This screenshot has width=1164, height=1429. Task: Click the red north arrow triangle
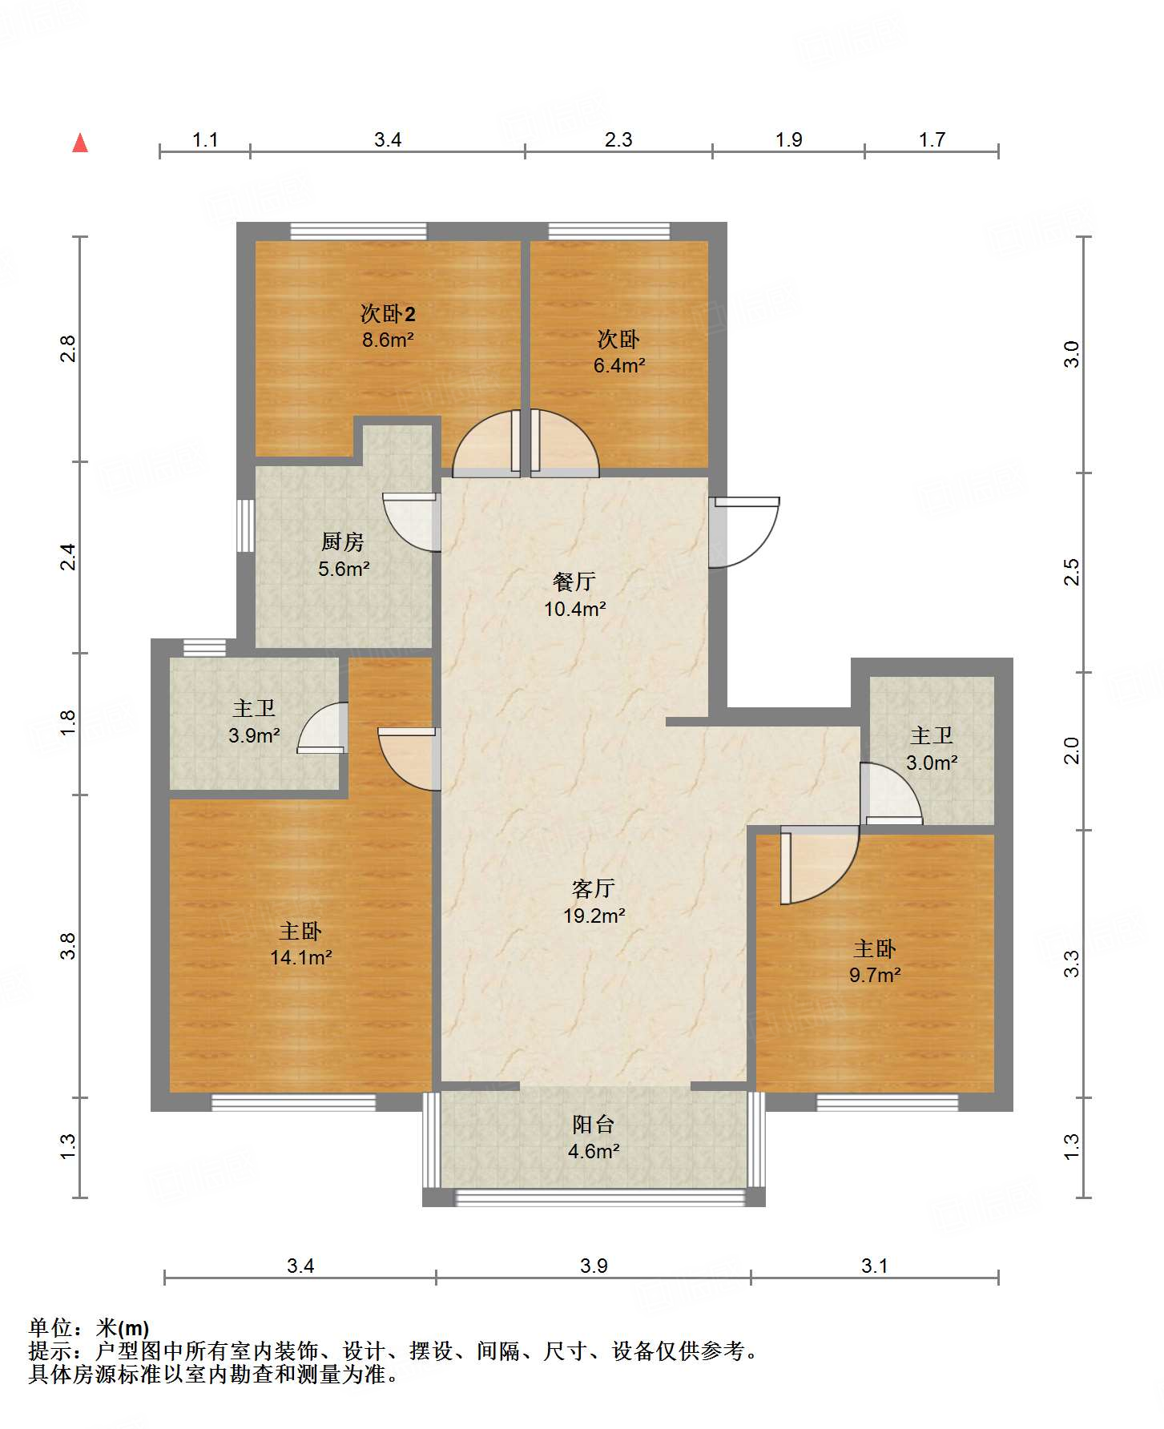80,143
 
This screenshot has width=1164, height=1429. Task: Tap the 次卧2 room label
388,313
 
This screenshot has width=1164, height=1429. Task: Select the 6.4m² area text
619,366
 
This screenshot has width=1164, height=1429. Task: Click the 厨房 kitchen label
343,542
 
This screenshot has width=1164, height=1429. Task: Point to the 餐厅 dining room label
574,582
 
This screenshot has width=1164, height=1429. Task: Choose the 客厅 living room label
594,888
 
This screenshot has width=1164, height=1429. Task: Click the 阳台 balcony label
594,1125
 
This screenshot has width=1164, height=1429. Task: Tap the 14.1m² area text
301,957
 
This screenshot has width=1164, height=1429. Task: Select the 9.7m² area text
875,975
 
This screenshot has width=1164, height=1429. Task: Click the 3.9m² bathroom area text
254,735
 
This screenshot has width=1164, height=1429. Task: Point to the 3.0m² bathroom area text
932,763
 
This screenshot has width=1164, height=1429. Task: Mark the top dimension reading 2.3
618,140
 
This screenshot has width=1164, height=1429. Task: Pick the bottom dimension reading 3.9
594,1266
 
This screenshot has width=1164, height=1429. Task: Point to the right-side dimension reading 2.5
1072,572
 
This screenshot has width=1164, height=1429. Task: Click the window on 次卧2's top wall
358,231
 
